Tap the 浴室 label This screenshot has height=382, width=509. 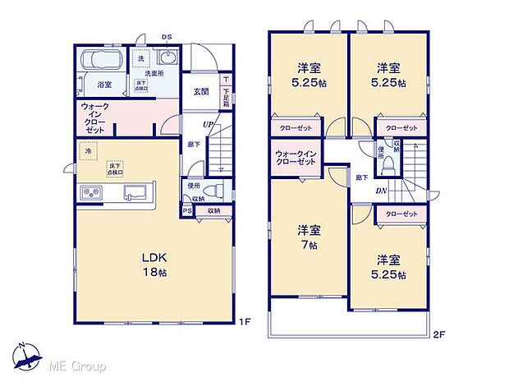104,85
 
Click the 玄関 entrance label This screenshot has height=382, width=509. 201,91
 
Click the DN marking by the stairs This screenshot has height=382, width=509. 382,191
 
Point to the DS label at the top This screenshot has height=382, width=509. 166,37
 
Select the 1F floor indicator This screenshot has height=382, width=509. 244,322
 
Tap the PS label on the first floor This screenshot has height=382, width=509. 187,211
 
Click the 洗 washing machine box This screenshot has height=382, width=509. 142,59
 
